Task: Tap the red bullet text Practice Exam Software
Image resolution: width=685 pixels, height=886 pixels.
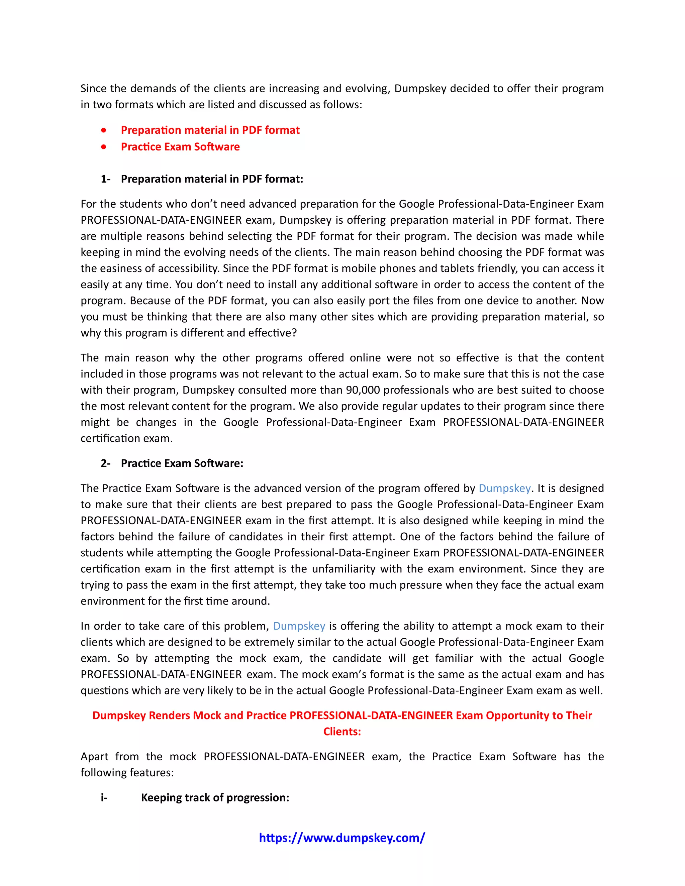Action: [x=180, y=146]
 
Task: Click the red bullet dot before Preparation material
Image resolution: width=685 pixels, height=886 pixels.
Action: [x=104, y=130]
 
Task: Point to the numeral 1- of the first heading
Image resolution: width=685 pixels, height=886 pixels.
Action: [x=105, y=179]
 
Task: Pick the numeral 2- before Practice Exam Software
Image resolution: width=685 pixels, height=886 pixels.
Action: [x=105, y=463]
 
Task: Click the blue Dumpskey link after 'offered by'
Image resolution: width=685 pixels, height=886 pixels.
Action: [x=504, y=488]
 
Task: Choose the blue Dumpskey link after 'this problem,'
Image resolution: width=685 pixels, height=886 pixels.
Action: [x=299, y=626]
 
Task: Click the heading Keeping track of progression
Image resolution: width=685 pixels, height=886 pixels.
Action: [x=215, y=797]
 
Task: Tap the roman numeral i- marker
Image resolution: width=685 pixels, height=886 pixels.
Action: [x=104, y=797]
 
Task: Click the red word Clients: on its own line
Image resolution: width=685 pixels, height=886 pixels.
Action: [x=342, y=732]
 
